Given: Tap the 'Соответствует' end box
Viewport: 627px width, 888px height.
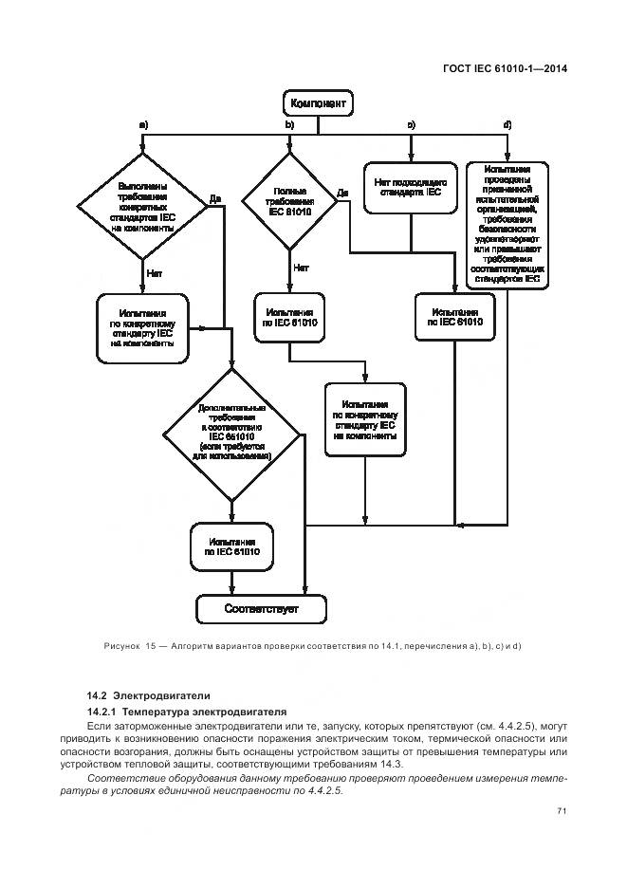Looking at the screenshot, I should [260, 608].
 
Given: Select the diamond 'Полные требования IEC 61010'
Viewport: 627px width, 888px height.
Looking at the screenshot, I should [289, 202].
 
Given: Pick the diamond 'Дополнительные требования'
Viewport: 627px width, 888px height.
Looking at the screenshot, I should [232, 433].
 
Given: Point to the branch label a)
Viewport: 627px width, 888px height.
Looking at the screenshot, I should [143, 125].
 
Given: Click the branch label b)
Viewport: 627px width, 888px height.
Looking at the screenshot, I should [289, 125].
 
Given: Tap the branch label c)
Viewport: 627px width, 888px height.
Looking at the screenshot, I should [412, 125].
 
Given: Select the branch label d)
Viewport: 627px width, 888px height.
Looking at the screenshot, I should [507, 125].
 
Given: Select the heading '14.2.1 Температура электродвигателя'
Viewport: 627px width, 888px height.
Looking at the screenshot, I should [174, 712].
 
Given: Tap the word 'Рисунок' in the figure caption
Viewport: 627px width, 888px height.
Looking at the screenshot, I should [121, 646].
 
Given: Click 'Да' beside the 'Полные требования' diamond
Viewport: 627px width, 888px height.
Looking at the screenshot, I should [343, 193].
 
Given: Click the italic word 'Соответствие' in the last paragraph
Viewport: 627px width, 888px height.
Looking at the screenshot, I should [120, 779].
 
